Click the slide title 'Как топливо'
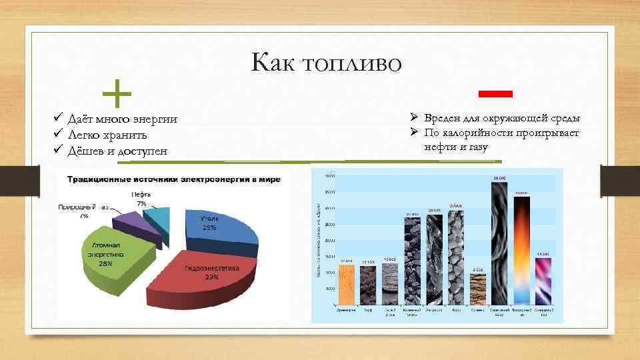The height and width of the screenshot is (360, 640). tap(326, 63)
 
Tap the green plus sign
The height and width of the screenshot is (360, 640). tap(118, 94)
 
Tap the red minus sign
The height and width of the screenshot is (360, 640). tap(495, 91)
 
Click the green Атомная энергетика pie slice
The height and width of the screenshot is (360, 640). tap(113, 257)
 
